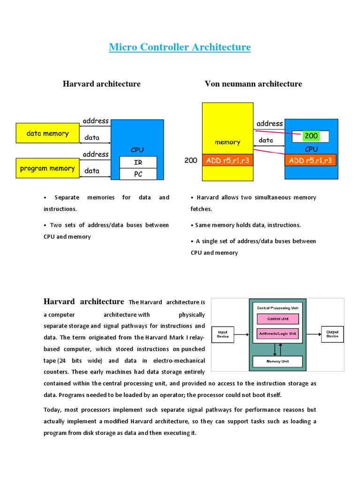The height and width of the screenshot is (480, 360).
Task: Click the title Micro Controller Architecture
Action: (x=180, y=47)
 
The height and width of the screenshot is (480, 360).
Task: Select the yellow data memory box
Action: (x=47, y=134)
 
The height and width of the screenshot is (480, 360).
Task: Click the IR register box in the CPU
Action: (x=138, y=162)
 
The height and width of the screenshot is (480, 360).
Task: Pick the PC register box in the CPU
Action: (x=138, y=174)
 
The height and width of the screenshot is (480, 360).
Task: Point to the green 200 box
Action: (x=311, y=136)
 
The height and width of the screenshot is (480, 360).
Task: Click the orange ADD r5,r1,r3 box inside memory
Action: (x=227, y=160)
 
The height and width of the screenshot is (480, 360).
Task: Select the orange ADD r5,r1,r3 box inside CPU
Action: (x=310, y=160)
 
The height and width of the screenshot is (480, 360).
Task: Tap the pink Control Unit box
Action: (x=277, y=319)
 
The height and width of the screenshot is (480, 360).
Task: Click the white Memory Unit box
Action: (x=277, y=361)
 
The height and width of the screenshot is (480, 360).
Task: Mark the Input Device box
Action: (x=223, y=335)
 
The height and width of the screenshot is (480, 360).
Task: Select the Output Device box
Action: (x=332, y=335)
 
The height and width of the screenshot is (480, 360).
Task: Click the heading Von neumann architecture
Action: (x=253, y=84)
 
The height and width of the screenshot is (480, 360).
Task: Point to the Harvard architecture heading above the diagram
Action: (x=102, y=84)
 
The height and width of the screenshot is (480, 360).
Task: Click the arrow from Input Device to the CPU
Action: (x=241, y=335)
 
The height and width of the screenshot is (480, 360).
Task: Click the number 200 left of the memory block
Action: (x=191, y=160)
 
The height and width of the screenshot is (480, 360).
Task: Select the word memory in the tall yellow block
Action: (x=227, y=142)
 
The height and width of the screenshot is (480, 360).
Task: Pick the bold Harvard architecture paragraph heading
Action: (x=84, y=301)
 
